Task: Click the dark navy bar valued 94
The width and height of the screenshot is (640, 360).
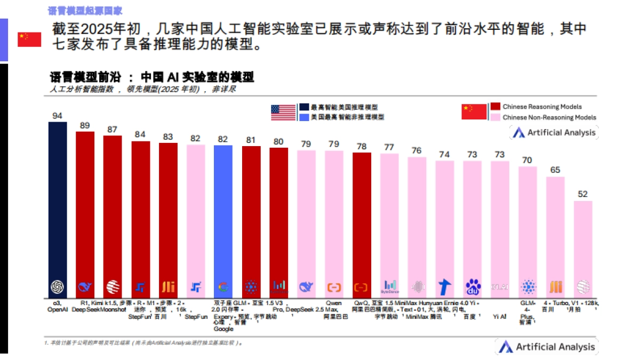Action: pyautogui.click(x=58, y=208)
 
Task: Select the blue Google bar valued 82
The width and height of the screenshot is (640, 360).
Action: pyautogui.click(x=223, y=219)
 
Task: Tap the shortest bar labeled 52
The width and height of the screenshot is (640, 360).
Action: pyautogui.click(x=583, y=248)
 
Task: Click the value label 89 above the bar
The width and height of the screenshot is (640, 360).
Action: pyautogui.click(x=85, y=125)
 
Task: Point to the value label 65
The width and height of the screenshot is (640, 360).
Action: pyautogui.click(x=555, y=170)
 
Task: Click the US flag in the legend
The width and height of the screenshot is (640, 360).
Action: pyautogui.click(x=283, y=112)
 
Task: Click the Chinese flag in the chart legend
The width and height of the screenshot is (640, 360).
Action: pyautogui.click(x=474, y=112)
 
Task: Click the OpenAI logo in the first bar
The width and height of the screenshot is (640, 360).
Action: pyautogui.click(x=58, y=287)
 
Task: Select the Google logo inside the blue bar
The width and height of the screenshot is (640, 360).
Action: pyautogui.click(x=223, y=287)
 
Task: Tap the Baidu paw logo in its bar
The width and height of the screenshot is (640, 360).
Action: pyautogui.click(x=473, y=287)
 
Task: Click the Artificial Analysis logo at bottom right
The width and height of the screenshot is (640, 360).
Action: pyautogui.click(x=547, y=347)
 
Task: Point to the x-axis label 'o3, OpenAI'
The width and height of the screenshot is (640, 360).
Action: pyautogui.click(x=57, y=306)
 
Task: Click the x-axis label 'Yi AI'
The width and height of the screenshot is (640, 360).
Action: pyautogui.click(x=500, y=316)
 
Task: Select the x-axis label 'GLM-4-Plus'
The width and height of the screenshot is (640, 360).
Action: pyautogui.click(x=527, y=313)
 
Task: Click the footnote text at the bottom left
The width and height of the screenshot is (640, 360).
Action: pyautogui.click(x=144, y=343)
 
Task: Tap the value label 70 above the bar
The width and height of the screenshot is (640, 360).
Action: pyautogui.click(x=527, y=160)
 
